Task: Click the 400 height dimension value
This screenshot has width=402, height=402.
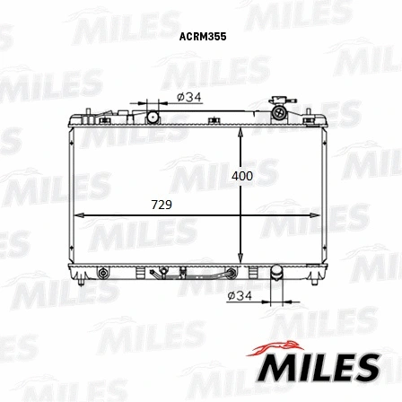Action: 241,176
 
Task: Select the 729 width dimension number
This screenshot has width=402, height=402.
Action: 161,205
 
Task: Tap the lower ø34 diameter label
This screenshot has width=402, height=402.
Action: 238,294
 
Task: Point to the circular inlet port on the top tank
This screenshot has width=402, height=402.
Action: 153,116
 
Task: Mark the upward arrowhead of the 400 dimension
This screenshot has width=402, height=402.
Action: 240,131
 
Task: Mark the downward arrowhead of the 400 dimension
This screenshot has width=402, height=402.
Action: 240,258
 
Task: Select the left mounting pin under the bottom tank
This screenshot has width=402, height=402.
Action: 82,282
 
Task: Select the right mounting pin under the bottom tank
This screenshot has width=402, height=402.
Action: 311,281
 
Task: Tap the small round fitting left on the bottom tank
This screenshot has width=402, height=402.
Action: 102,272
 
